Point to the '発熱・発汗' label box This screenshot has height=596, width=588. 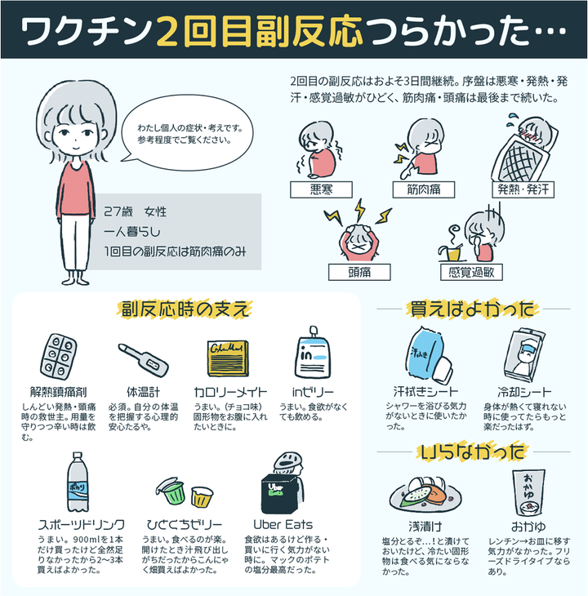[x=521, y=189]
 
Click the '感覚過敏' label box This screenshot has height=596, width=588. [x=471, y=270]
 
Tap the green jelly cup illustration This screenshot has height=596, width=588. [x=174, y=491]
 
